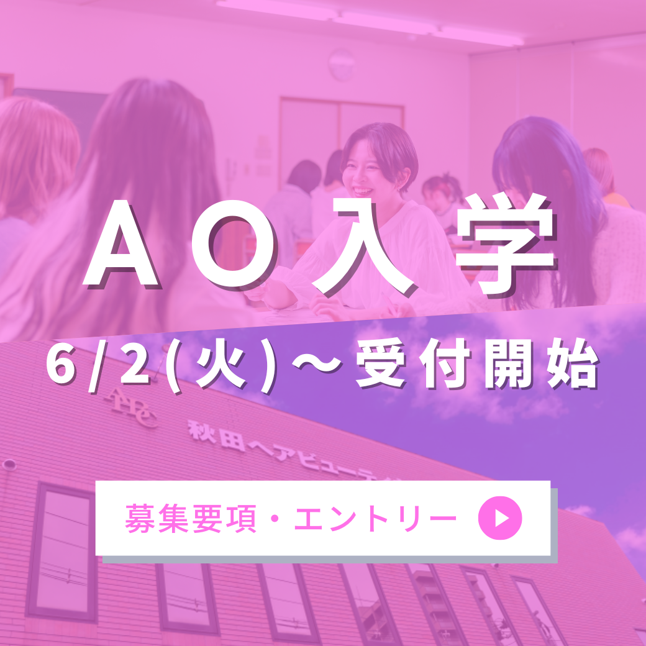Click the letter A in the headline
tap(121, 243)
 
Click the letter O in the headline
tap(233, 243)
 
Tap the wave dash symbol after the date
tap(317, 363)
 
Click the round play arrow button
tap(500, 518)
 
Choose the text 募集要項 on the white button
tap(190, 518)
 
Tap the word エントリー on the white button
tap(375, 518)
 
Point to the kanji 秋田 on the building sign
tap(217, 435)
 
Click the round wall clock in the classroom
tap(342, 64)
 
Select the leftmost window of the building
tap(61, 552)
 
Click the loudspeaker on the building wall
tap(9, 465)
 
